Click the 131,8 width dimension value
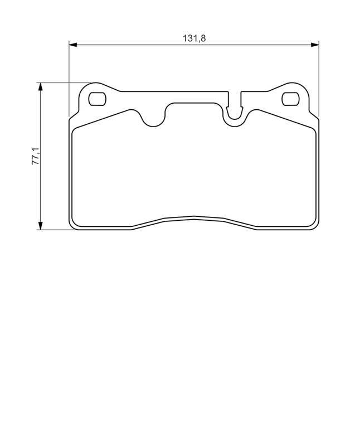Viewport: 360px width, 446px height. pos(194,38)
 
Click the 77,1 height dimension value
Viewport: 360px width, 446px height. pos(36,156)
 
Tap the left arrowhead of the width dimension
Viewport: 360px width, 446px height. pos(73,45)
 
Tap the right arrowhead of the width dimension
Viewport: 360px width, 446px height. pos(315,45)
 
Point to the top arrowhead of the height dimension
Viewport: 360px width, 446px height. pos(41,87)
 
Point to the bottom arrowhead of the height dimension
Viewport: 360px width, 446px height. pos(41,226)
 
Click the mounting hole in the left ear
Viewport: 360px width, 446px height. pos(98,99)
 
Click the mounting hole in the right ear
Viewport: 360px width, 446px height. pos(290,99)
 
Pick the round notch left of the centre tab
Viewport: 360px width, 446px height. pos(153,121)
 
